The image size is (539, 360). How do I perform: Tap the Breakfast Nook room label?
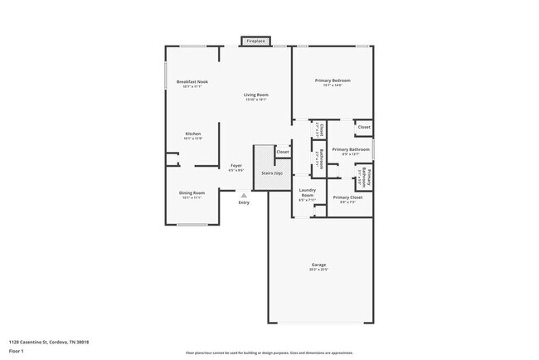click(x=192, y=81)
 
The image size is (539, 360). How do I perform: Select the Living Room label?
click(x=255, y=95)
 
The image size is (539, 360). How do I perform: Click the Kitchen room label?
click(x=192, y=134)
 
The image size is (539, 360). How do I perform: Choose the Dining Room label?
click(x=192, y=193)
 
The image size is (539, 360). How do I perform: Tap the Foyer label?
click(x=236, y=166)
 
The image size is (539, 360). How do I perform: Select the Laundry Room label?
click(x=306, y=192)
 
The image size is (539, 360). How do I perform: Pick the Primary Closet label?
click(x=347, y=197)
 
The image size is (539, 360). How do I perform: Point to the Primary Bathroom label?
click(x=350, y=149)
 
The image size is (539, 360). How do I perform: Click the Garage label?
click(x=318, y=265)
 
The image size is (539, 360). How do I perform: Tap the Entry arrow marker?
click(x=243, y=196)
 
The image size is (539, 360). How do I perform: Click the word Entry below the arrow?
click(x=243, y=203)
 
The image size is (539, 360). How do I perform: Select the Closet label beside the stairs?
click(x=283, y=152)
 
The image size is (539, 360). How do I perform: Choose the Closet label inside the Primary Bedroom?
click(x=364, y=127)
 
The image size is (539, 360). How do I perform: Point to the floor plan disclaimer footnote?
click(x=269, y=353)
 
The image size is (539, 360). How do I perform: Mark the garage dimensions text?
click(x=318, y=270)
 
